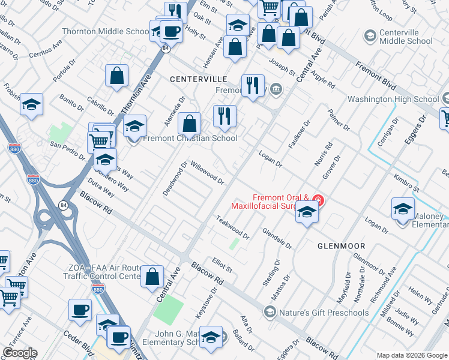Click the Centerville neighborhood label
[198, 79]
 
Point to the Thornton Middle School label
[106, 31]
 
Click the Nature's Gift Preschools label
[324, 312]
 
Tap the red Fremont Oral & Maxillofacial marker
[318, 200]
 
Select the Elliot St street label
[221, 266]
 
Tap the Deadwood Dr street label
[175, 177]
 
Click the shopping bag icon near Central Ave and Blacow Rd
[152, 277]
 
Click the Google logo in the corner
[20, 353]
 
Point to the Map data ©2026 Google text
[411, 355]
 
